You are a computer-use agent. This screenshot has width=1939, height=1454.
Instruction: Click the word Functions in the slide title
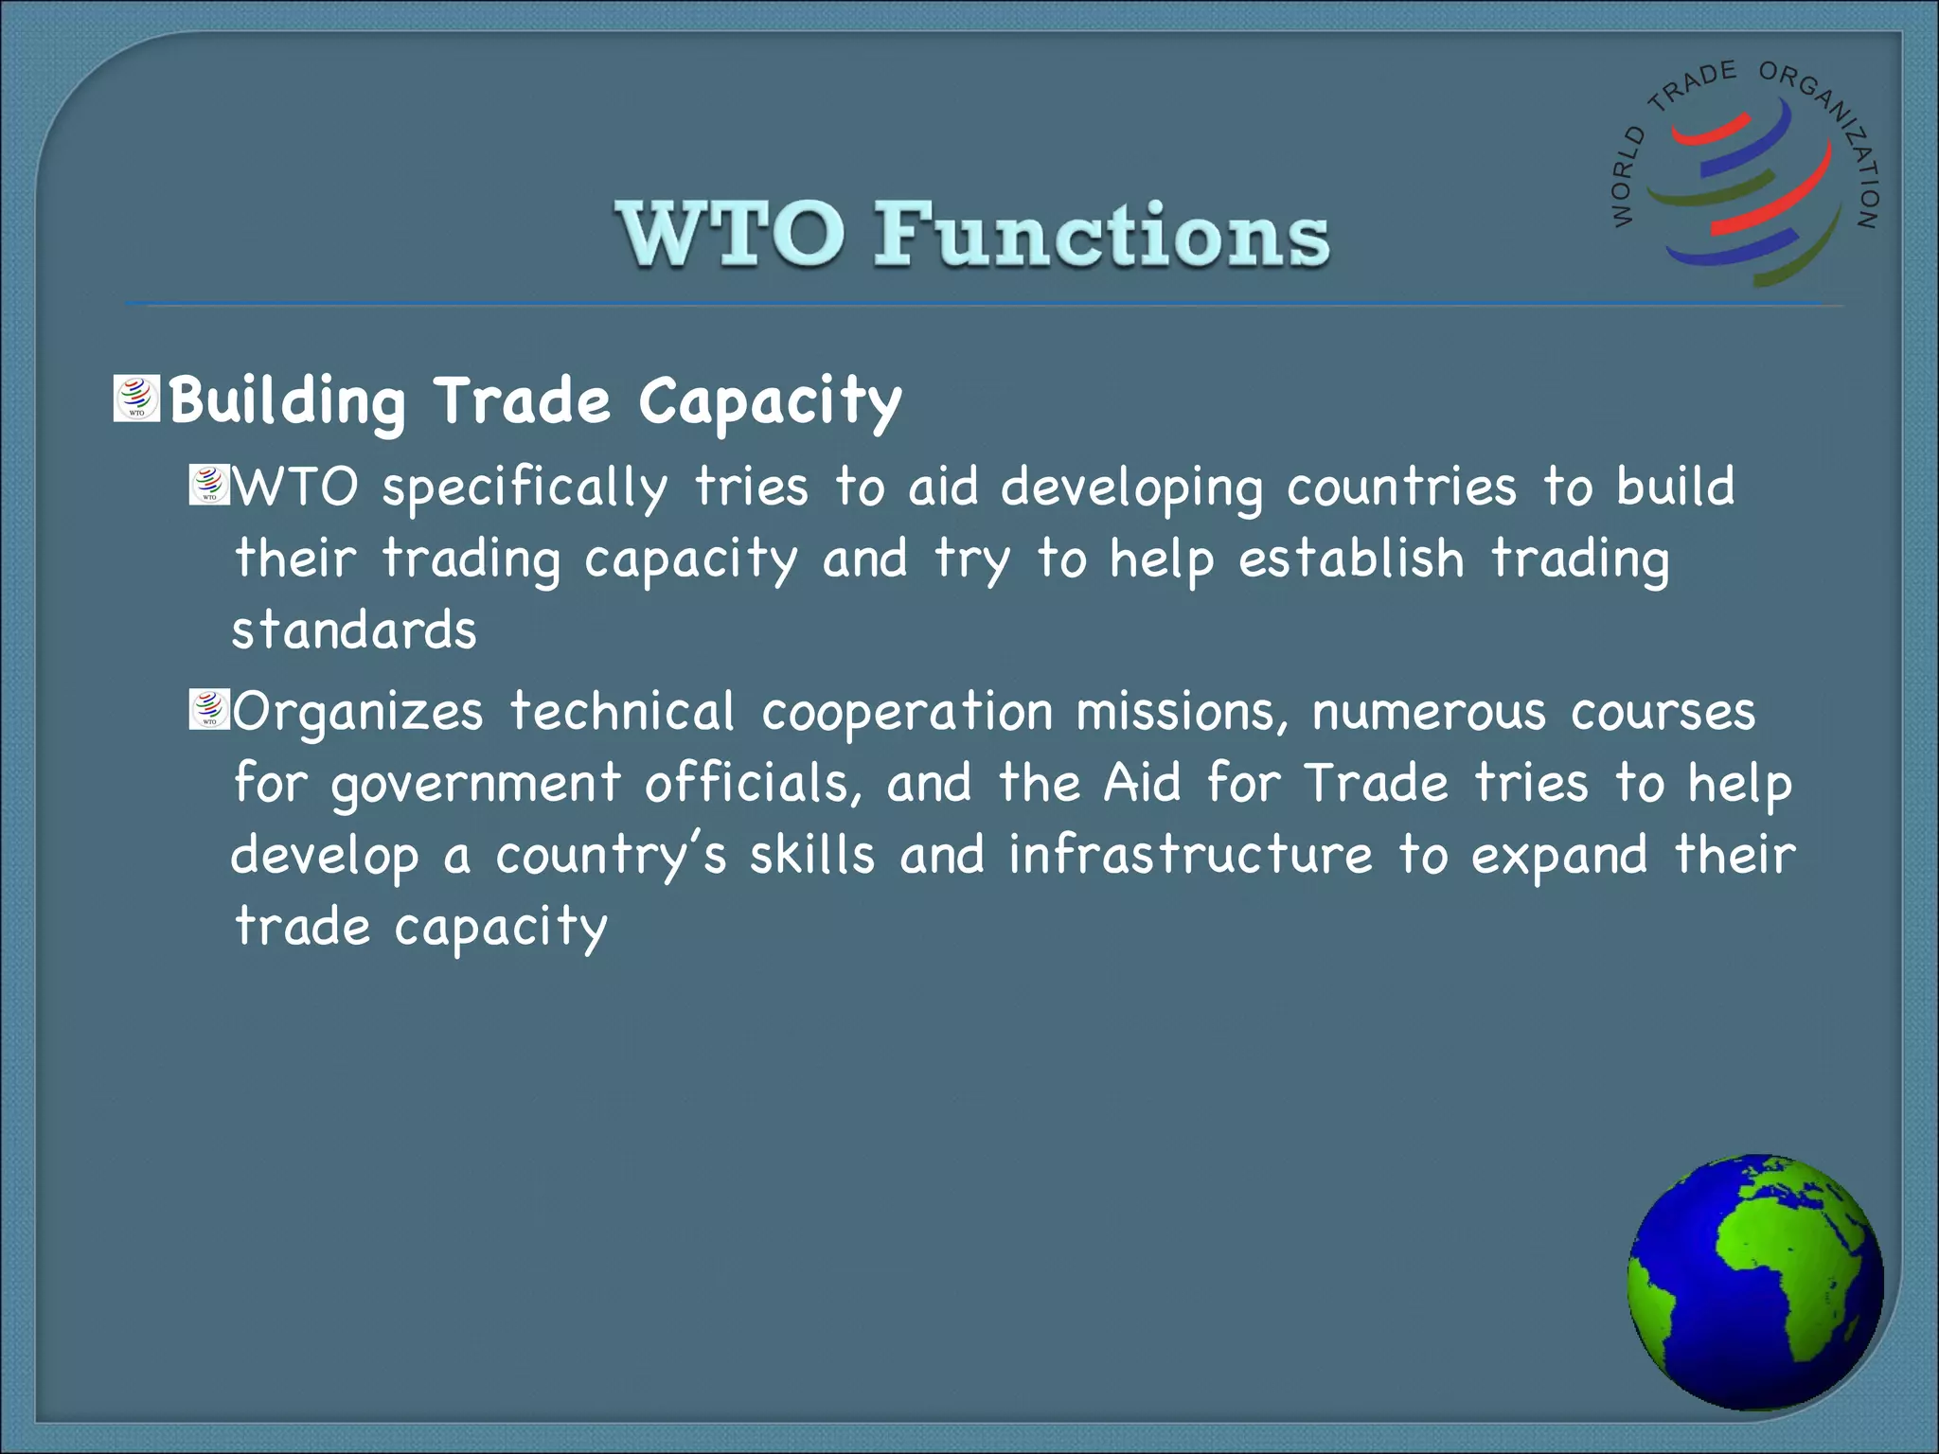[1101, 235]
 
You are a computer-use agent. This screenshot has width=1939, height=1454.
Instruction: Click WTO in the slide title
[729, 235]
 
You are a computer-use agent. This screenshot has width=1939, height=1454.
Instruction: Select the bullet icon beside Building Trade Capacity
[136, 399]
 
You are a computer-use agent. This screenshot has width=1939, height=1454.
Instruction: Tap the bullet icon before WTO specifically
[209, 484]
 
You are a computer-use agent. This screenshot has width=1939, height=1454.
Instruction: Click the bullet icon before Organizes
[209, 710]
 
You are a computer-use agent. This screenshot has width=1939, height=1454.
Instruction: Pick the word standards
[354, 630]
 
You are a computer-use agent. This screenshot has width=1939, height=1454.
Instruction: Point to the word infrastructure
[1189, 855]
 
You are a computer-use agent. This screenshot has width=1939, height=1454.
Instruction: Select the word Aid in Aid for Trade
[1143, 784]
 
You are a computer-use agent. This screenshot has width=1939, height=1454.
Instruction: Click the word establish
[1351, 559]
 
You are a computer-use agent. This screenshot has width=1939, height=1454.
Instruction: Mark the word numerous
[1428, 712]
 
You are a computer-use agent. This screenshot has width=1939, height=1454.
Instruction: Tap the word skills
[812, 855]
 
